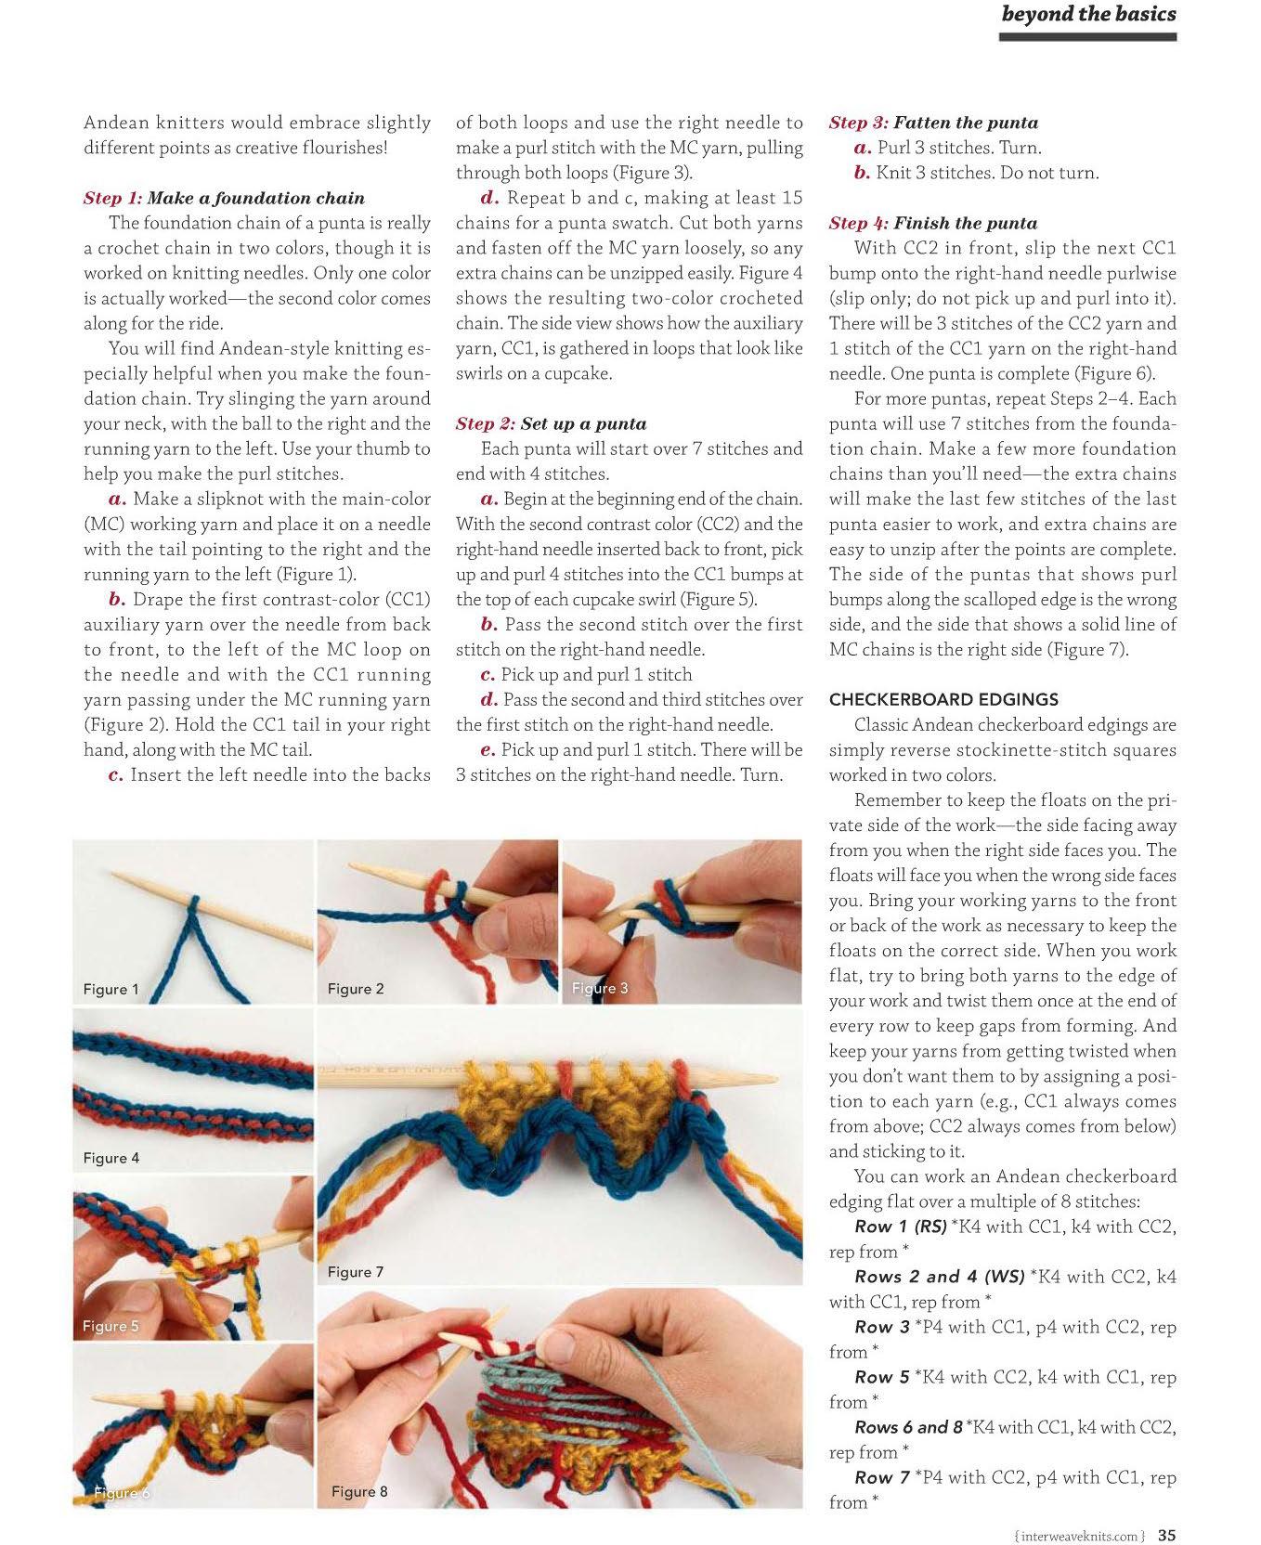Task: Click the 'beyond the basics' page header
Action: coord(1088,14)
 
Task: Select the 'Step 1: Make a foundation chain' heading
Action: coord(224,198)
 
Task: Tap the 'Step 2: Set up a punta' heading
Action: coord(551,424)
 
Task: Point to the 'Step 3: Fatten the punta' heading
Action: coord(933,123)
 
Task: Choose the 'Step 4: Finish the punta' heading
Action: coord(932,224)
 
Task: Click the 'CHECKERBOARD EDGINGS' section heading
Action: coord(943,700)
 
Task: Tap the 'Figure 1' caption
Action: coord(110,990)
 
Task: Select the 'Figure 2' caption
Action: coord(355,990)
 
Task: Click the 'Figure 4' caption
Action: coord(110,1158)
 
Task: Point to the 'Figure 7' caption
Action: coord(355,1272)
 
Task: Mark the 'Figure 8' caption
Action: coord(359,1492)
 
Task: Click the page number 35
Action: coord(1166,1536)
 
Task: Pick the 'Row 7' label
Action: coord(881,1477)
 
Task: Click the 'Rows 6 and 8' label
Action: coord(908,1427)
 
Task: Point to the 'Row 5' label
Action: coord(881,1377)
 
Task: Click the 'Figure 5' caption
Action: coord(110,1326)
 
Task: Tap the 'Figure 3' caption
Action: coord(599,988)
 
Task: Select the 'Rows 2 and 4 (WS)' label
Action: coord(939,1277)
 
